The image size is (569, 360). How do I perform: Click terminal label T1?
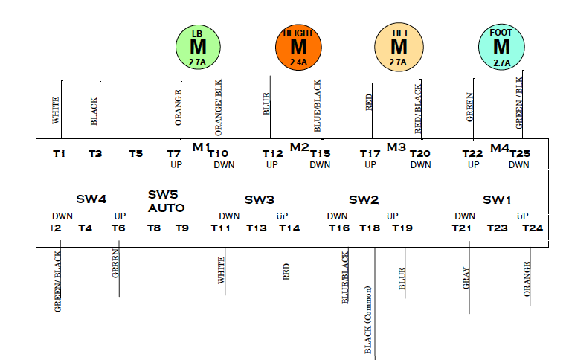point(60,154)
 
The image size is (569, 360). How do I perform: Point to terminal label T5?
point(135,154)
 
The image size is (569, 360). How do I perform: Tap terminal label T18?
point(370,228)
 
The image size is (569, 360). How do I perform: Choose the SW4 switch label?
point(91,199)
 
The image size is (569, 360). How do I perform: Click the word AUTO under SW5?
point(166,208)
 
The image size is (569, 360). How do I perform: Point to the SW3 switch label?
point(260,199)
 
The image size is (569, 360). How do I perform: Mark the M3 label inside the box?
point(396,147)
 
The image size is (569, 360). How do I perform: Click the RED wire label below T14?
point(286,271)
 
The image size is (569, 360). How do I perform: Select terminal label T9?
point(181,228)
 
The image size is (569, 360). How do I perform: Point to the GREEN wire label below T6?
point(116,263)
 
